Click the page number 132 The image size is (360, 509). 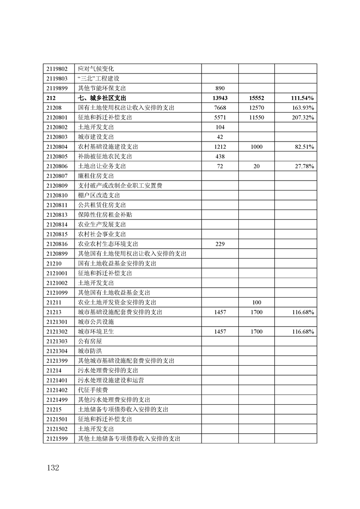(52, 468)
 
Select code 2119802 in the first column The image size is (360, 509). (57, 69)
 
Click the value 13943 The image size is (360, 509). (220, 98)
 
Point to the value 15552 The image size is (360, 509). (256, 98)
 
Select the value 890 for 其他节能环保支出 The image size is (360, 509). (220, 88)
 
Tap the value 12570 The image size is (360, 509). (256, 108)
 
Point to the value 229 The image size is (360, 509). (220, 244)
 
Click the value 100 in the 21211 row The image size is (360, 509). (256, 302)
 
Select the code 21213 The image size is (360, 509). (54, 312)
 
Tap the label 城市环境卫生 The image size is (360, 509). (96, 332)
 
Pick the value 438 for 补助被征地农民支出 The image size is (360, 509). (220, 157)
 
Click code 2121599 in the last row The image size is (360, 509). (57, 439)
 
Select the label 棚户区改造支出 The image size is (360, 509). (99, 195)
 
